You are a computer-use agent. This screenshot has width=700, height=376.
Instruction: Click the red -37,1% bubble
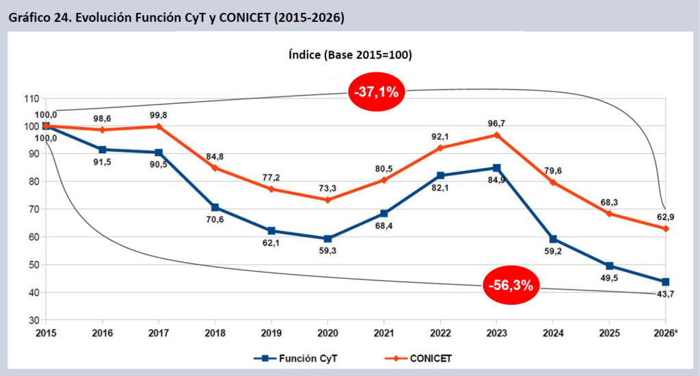(377, 92)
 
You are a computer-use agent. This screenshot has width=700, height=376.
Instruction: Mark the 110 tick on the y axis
(31, 98)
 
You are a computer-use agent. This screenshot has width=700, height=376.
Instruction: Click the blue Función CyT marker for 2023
(497, 167)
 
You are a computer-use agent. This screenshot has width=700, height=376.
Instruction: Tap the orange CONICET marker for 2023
(497, 135)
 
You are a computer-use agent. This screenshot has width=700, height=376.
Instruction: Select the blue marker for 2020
(328, 239)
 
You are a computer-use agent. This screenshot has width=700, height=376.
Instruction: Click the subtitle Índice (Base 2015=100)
(350, 55)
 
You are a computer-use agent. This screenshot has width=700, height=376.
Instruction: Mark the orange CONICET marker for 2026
(665, 228)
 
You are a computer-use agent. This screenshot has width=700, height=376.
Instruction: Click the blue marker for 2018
(215, 207)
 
